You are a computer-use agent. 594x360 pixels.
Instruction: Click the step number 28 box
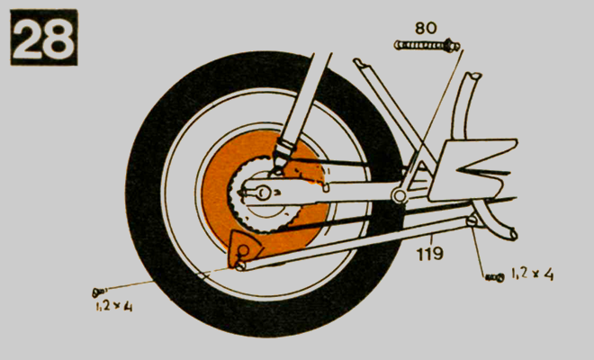[44, 37]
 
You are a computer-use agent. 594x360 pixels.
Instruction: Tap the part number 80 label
[426, 28]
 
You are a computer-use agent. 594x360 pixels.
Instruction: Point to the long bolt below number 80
[427, 46]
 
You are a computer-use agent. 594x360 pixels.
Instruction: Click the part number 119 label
[430, 254]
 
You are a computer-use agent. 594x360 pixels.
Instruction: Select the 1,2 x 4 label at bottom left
[114, 306]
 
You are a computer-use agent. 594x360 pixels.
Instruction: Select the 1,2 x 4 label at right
[532, 274]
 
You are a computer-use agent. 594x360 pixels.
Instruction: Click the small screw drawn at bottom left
[99, 292]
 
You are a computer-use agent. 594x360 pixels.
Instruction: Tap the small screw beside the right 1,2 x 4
[495, 278]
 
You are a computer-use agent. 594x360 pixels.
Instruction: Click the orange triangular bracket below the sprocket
[243, 248]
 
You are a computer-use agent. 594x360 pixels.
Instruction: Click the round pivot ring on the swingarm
[399, 195]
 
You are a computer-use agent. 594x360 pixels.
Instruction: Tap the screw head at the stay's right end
[472, 220]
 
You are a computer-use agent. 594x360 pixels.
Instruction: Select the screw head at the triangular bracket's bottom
[240, 265]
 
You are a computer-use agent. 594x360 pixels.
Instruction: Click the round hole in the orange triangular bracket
[244, 250]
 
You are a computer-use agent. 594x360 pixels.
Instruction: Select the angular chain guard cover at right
[472, 170]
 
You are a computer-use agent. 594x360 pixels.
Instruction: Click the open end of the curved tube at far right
[513, 235]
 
